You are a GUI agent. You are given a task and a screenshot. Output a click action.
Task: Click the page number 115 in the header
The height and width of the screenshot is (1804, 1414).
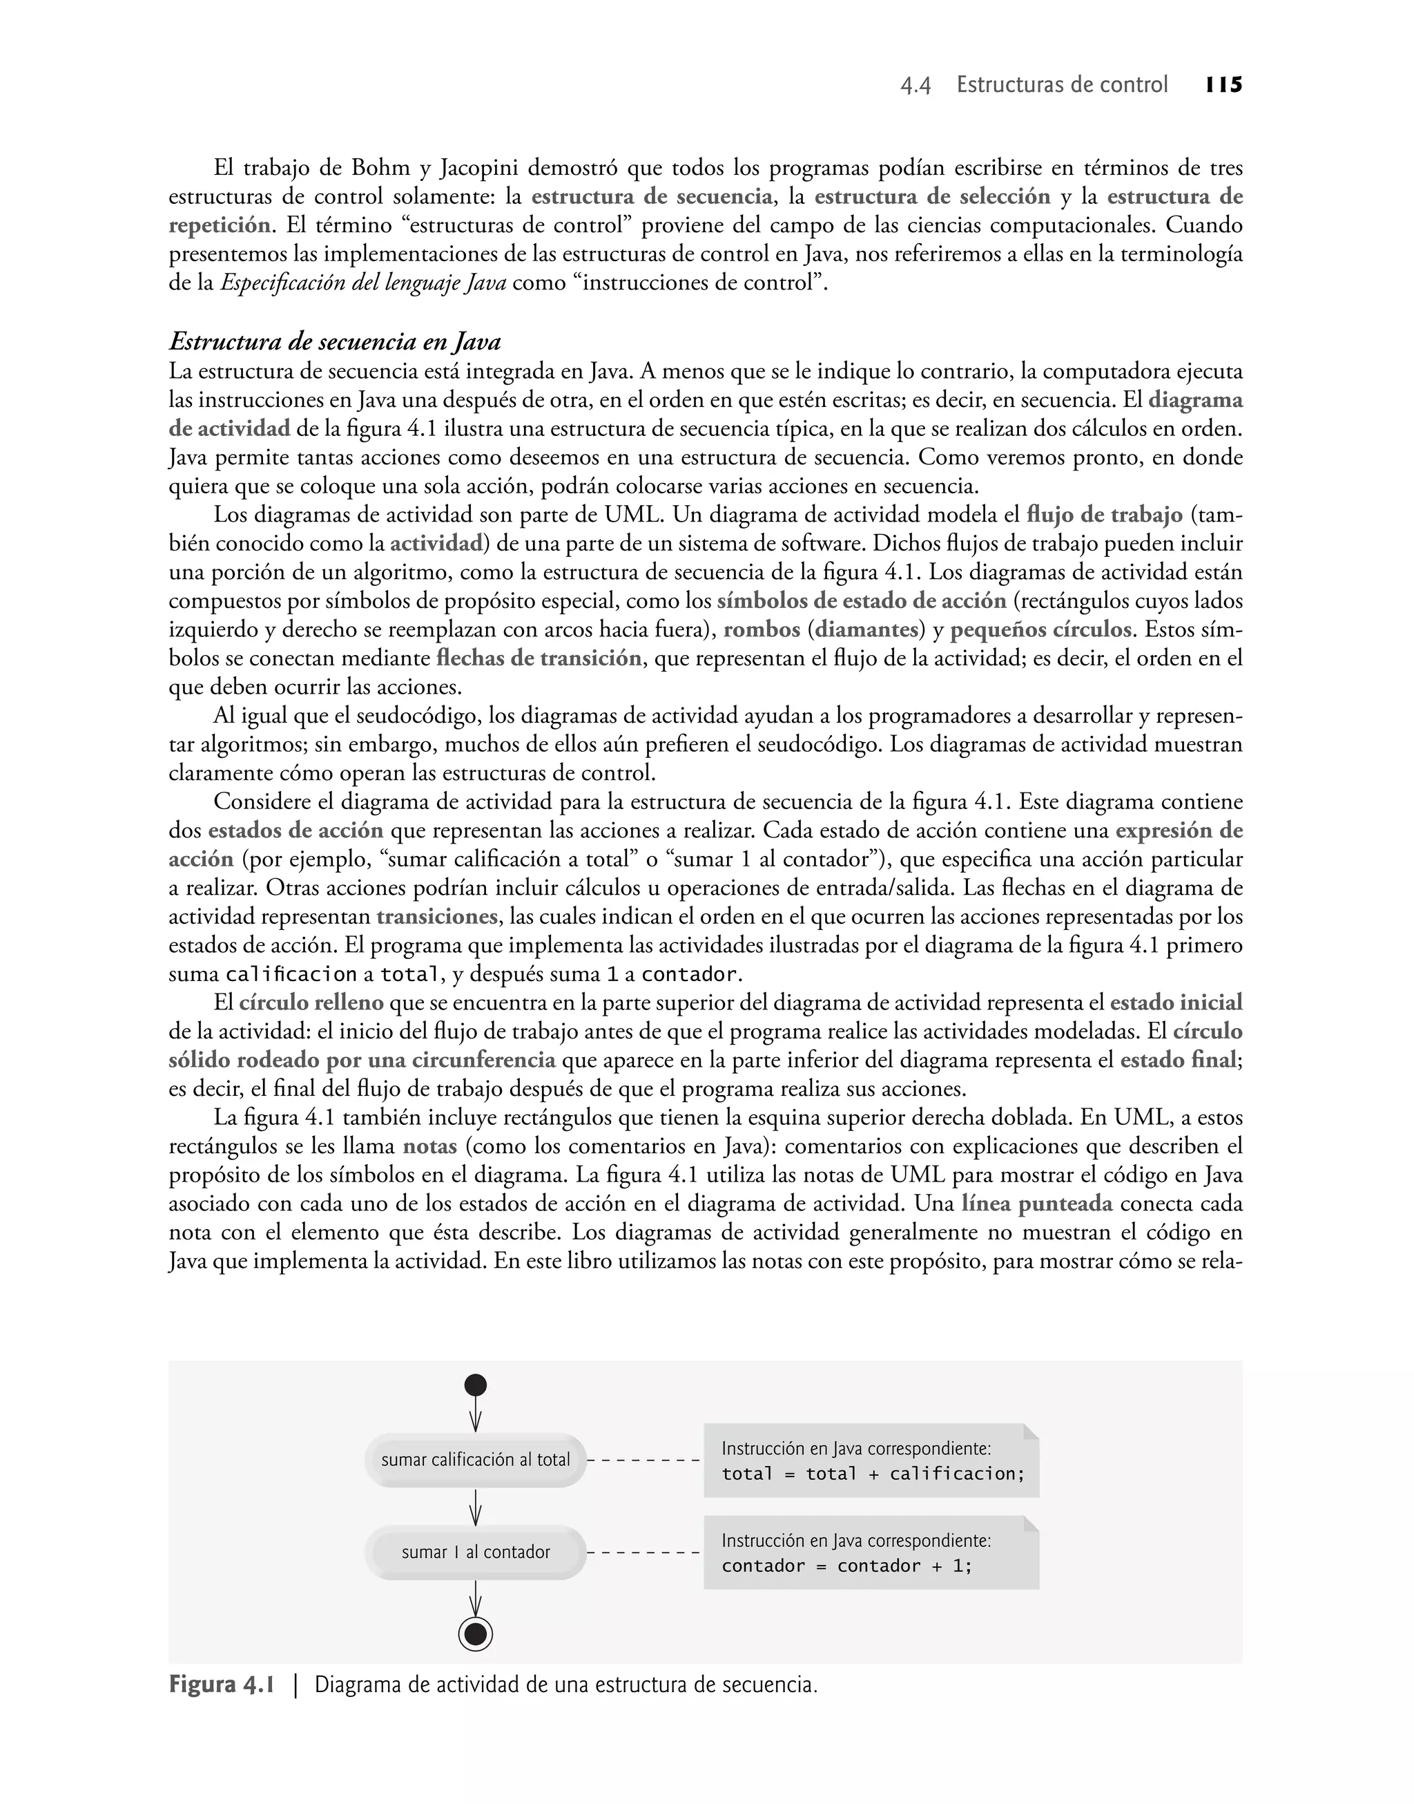[x=1223, y=85]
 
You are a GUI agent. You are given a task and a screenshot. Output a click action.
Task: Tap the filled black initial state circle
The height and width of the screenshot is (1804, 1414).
[x=475, y=1385]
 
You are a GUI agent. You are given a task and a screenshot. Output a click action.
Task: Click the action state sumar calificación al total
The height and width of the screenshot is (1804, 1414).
[x=475, y=1459]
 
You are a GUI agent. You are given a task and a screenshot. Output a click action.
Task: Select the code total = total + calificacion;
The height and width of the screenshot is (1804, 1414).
[x=873, y=1474]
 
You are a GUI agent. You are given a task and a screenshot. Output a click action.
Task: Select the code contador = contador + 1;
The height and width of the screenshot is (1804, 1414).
[x=846, y=1566]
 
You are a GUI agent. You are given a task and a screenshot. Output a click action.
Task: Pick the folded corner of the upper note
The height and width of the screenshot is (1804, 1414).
[x=1031, y=1432]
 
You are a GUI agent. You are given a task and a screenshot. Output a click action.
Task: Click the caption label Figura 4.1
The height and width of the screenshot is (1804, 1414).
[x=221, y=1684]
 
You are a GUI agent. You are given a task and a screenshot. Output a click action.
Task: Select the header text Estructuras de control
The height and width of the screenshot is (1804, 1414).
[x=1061, y=85]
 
